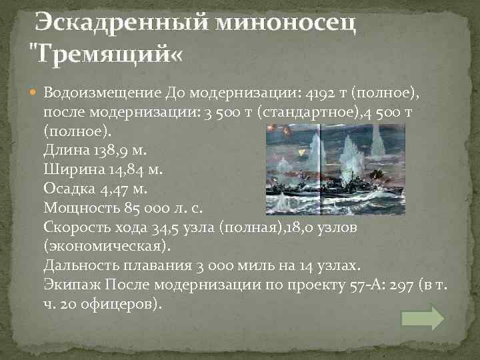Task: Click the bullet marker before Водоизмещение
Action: [x=35, y=91]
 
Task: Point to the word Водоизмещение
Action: [x=99, y=92]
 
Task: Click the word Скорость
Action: [x=76, y=227]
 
